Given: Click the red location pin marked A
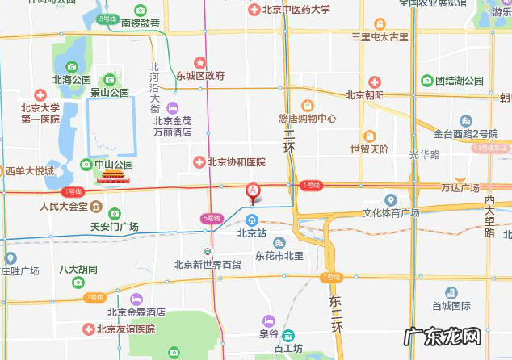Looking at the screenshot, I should click(x=253, y=193).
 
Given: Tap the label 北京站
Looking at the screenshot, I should click(x=252, y=232).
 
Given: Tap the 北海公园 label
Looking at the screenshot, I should click(x=71, y=80).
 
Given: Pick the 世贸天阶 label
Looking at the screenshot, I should click(x=368, y=149).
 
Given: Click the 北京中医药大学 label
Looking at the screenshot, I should click(x=296, y=10).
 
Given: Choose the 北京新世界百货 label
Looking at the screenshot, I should click(x=208, y=264).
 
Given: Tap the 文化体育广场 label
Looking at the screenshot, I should click(x=390, y=213).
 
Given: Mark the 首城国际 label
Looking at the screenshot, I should click(x=451, y=306).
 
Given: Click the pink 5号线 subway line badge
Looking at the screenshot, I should click(x=211, y=218).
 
